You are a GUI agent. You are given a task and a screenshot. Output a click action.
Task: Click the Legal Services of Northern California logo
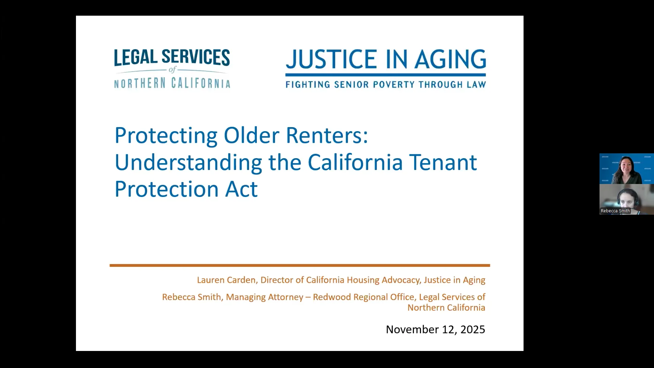pyautogui.click(x=172, y=68)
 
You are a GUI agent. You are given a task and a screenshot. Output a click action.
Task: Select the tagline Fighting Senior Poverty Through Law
pyautogui.click(x=386, y=85)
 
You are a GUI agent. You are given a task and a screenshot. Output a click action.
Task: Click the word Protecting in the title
pyautogui.click(x=166, y=136)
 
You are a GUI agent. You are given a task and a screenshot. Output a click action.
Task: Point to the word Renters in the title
pyautogui.click(x=327, y=135)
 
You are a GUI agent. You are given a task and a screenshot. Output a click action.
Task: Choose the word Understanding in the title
pyautogui.click(x=188, y=162)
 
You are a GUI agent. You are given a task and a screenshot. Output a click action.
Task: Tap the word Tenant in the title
pyautogui.click(x=443, y=162)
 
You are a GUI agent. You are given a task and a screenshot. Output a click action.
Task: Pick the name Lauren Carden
pyautogui.click(x=226, y=280)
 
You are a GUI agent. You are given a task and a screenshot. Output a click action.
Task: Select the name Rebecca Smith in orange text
pyautogui.click(x=191, y=297)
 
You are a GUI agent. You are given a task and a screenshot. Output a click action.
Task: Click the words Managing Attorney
pyautogui.click(x=264, y=297)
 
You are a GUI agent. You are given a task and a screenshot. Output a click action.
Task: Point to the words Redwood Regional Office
pyautogui.click(x=363, y=297)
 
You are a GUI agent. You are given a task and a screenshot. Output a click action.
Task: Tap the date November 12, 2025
pyautogui.click(x=435, y=329)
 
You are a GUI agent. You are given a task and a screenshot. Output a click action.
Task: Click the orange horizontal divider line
pyautogui.click(x=300, y=265)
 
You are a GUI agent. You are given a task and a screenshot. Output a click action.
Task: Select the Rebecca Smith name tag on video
pyautogui.click(x=615, y=211)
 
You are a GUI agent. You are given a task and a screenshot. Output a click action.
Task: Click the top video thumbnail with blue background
pyautogui.click(x=626, y=169)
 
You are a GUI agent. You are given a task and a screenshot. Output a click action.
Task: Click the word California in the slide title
pyautogui.click(x=355, y=162)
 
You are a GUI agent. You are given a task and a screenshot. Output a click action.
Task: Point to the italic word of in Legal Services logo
pyautogui.click(x=172, y=70)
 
